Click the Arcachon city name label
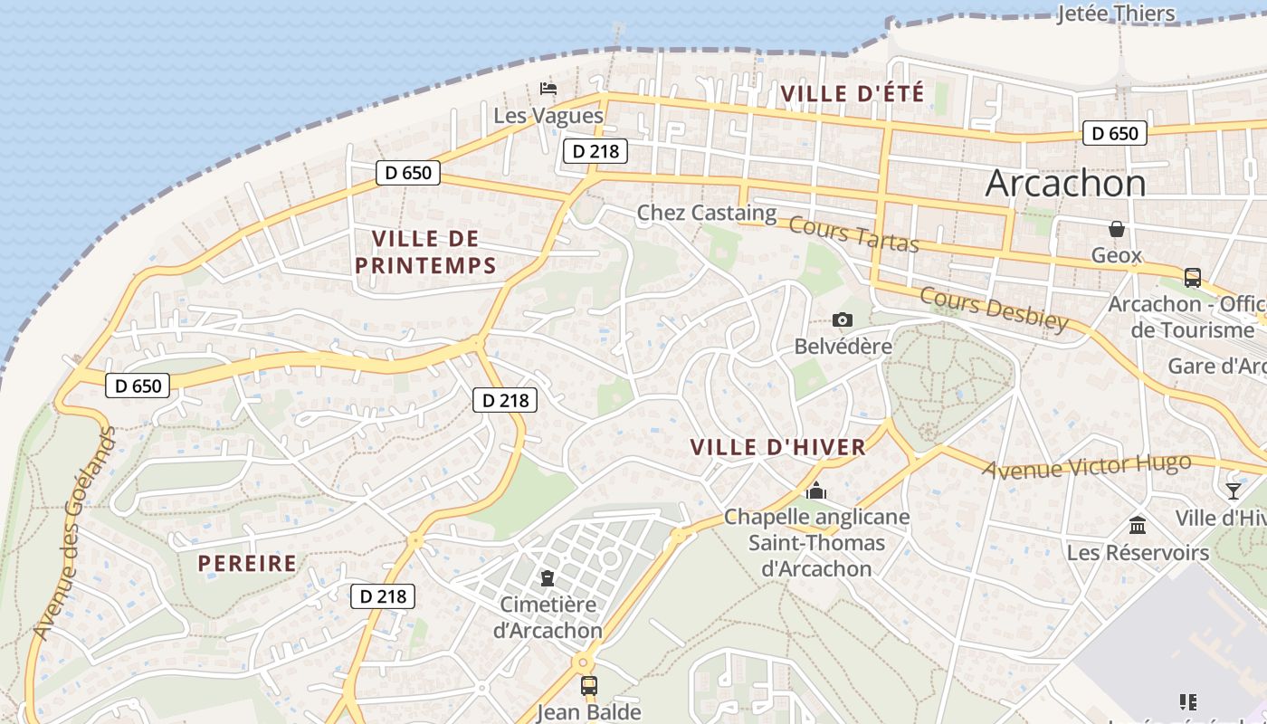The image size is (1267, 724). (1065, 184)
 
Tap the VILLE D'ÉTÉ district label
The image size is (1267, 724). (852, 93)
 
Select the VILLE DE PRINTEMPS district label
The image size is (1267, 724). (425, 252)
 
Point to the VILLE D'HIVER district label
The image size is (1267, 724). (777, 447)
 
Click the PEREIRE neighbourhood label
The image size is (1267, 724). (247, 563)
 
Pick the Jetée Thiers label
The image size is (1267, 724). (1116, 14)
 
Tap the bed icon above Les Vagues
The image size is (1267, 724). (548, 89)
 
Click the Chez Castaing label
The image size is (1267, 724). (707, 213)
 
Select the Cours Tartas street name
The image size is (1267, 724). (853, 234)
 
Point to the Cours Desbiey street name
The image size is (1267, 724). (994, 309)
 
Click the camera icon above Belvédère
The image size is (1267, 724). (843, 319)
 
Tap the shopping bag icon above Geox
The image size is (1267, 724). (1117, 229)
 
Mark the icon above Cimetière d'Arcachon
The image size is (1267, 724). (548, 576)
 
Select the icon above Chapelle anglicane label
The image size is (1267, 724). (816, 491)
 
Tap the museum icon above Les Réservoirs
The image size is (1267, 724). (1138, 525)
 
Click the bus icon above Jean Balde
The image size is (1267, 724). (588, 685)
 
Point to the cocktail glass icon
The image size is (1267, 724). (1233, 491)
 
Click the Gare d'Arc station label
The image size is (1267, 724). (1216, 367)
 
